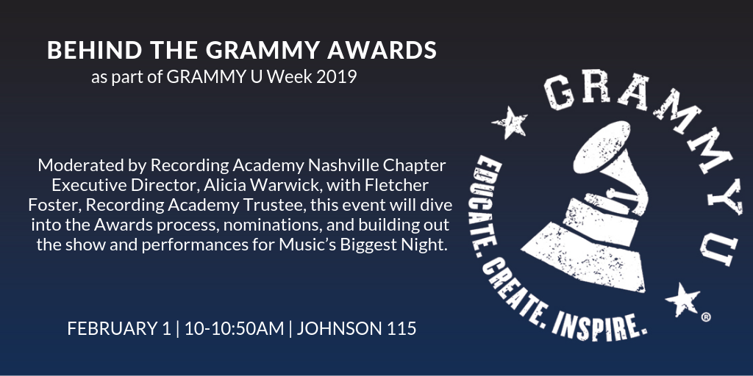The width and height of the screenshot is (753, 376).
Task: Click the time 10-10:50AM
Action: pos(235,329)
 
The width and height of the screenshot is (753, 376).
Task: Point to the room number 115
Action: pos(401,329)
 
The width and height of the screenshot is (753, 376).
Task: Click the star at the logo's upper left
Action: pos(510,122)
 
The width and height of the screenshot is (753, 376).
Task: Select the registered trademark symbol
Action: pos(705,317)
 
